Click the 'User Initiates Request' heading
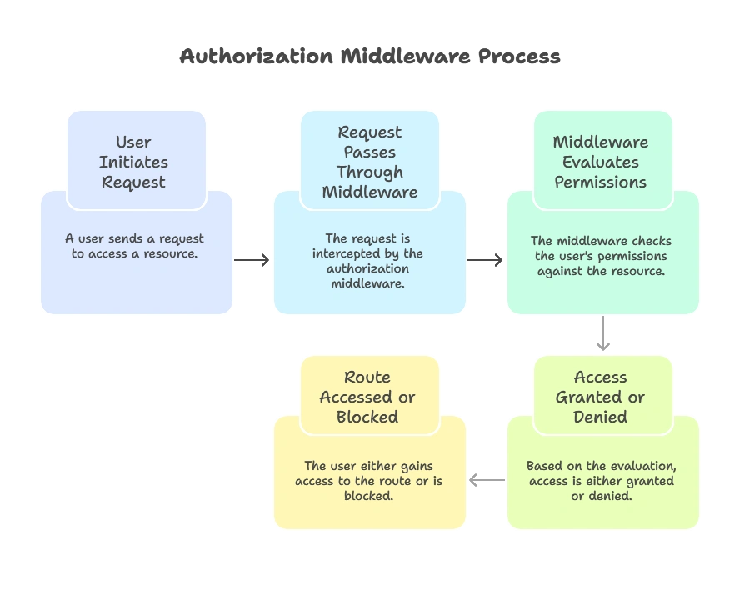tap(134, 162)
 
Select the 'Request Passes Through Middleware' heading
tap(369, 162)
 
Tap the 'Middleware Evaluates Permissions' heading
tap(601, 162)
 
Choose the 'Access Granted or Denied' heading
tap(601, 397)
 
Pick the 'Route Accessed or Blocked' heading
tap(367, 397)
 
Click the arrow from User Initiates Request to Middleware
tap(253, 260)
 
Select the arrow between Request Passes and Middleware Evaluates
tap(487, 260)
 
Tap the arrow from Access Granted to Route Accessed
tap(487, 480)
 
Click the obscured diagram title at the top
tap(370, 58)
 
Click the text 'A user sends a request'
tap(134, 238)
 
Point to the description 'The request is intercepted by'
tap(367, 245)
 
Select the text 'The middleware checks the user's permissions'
tap(601, 248)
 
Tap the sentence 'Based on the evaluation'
tap(601, 466)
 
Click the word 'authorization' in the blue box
tap(367, 268)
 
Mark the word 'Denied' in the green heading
tap(601, 417)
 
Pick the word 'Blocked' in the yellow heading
tap(367, 417)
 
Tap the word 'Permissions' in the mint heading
tap(601, 182)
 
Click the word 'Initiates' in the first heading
tap(134, 162)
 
